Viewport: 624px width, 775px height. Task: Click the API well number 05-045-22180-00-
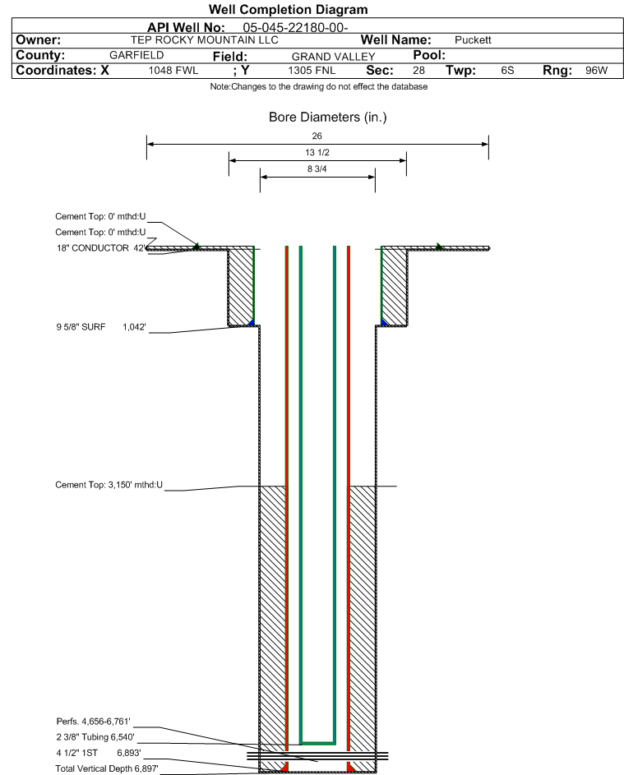coord(295,28)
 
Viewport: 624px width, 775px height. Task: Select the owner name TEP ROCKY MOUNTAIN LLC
coord(204,40)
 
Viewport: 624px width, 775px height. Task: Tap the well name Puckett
coord(473,40)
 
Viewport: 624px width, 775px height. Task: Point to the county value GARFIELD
coord(136,55)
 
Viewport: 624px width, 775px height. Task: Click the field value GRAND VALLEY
coord(333,57)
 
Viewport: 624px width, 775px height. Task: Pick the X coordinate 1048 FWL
coord(173,71)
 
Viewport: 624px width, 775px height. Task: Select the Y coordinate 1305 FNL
coord(312,71)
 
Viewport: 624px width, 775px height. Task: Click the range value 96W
coord(596,71)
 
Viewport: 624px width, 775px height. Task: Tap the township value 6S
coord(507,71)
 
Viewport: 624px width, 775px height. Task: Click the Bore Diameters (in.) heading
coord(328,118)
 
